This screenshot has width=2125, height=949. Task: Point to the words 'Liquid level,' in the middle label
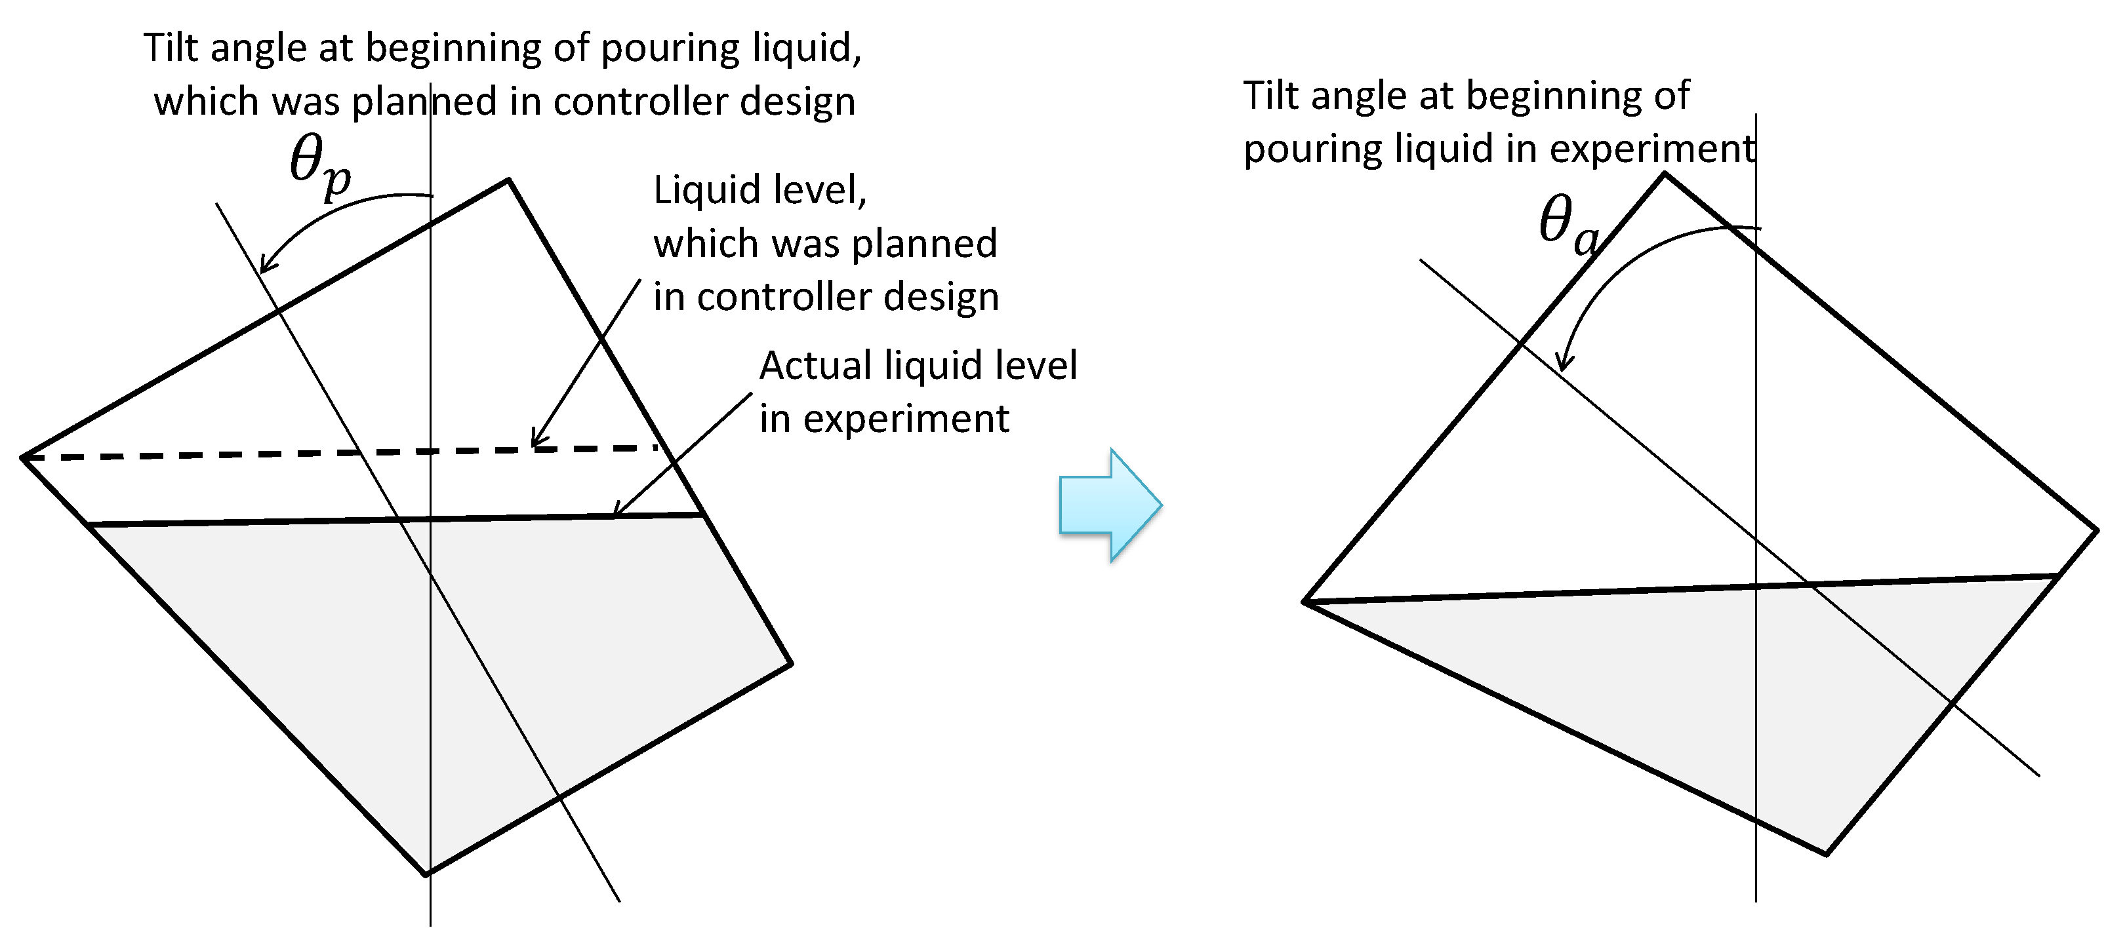759,189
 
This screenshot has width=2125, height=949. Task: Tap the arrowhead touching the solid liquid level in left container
618,511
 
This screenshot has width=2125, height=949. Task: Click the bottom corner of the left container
426,874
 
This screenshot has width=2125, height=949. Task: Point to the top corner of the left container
508,179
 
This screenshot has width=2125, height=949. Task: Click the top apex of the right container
1665,174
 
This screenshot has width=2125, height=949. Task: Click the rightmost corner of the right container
2096,530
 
